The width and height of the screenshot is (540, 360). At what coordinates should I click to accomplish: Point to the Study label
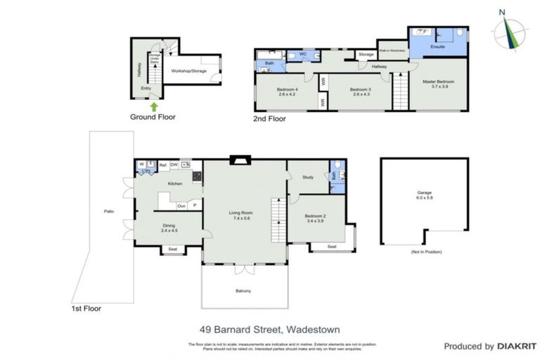307,178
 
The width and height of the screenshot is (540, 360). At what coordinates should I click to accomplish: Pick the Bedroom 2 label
314,219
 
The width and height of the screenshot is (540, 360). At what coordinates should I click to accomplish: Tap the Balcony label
243,290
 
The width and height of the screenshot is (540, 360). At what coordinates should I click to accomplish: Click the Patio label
109,211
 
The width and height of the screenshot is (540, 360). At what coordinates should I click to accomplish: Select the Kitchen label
174,184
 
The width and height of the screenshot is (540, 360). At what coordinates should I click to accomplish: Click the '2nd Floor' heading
269,119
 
